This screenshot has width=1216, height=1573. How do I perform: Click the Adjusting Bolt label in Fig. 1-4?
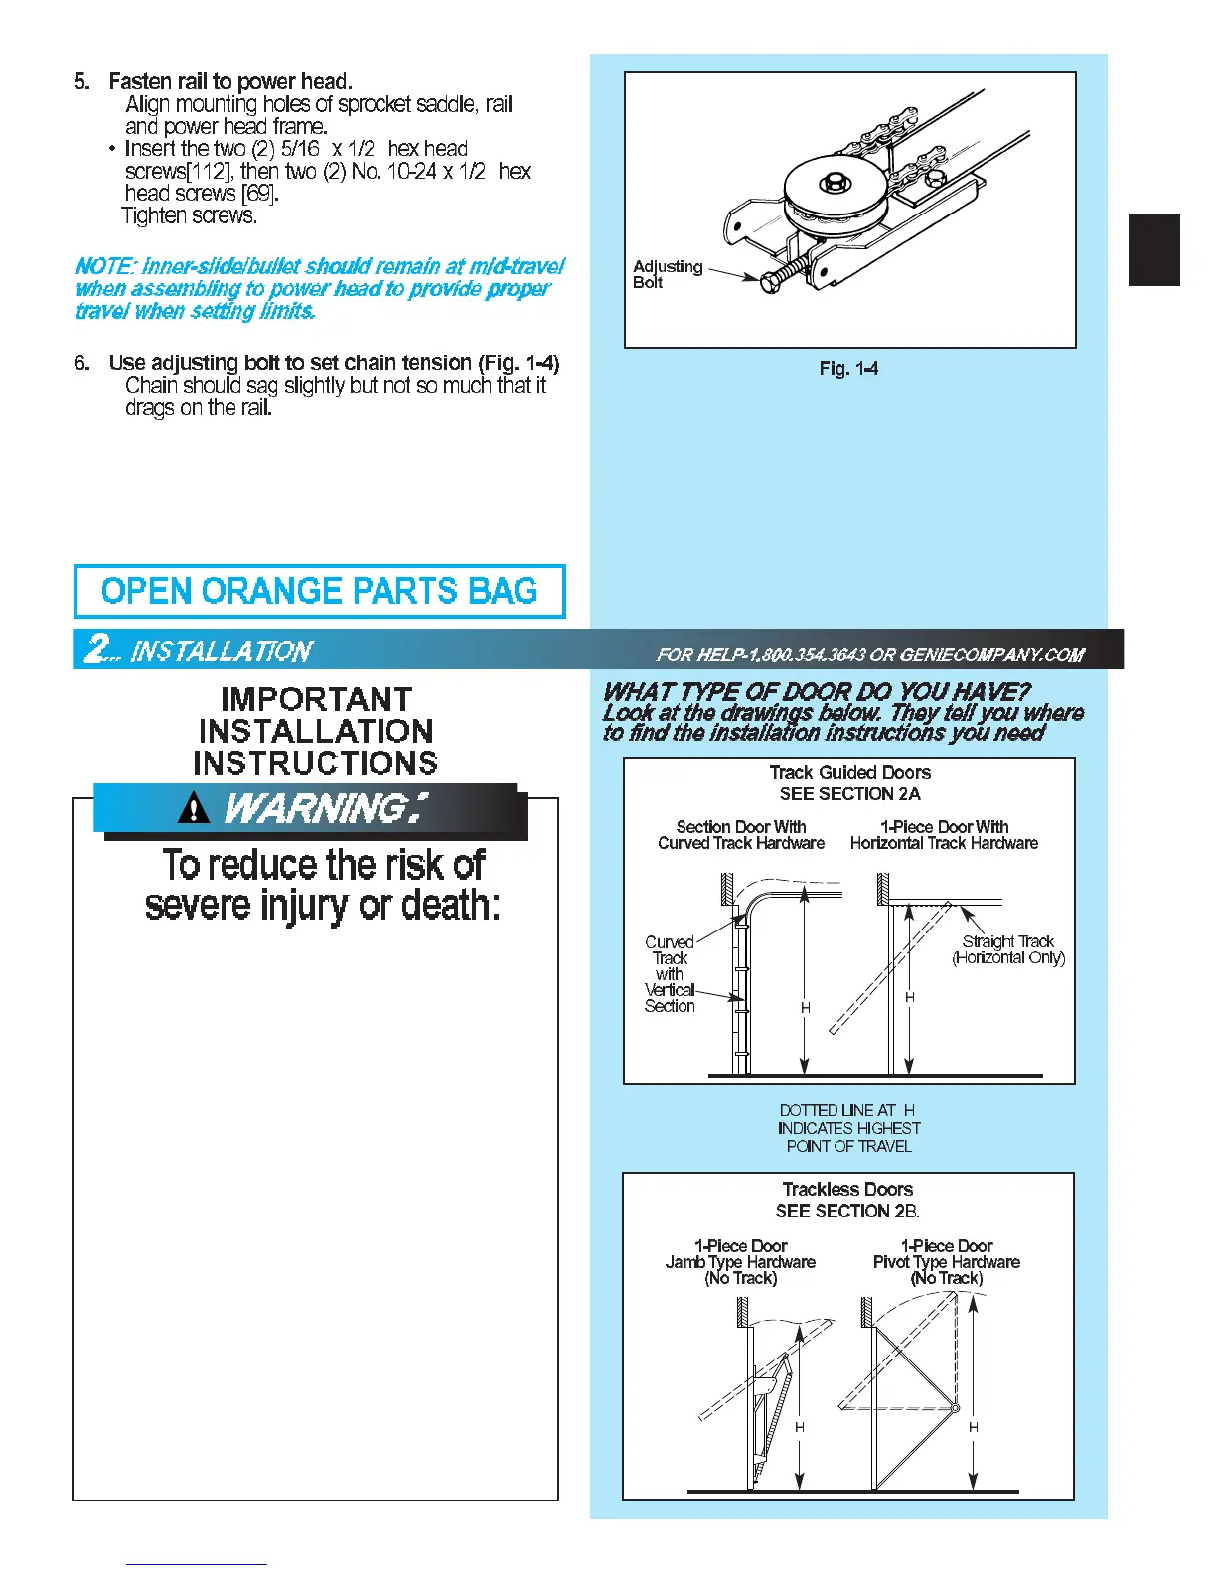tap(667, 274)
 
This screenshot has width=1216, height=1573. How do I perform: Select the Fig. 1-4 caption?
tap(848, 369)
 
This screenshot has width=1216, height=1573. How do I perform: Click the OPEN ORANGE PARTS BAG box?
tap(319, 591)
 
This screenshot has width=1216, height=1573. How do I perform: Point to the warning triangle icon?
tap(194, 810)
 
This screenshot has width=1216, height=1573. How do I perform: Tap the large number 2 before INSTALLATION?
tap(97, 649)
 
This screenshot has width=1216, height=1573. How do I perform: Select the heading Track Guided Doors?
tap(849, 772)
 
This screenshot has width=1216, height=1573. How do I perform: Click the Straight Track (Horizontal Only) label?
tap(1007, 949)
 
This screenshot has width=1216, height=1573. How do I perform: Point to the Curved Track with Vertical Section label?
tap(670, 973)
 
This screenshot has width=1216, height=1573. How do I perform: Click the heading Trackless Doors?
tap(847, 1189)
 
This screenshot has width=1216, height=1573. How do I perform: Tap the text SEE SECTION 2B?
tap(847, 1211)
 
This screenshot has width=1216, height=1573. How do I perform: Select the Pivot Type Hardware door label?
tap(946, 1262)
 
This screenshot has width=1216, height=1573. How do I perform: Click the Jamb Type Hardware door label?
tap(740, 1262)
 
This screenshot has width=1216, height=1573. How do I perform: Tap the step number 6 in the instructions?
tap(80, 363)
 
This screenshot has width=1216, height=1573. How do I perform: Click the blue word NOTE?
tap(103, 266)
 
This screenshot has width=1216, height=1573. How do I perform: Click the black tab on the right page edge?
tap(1153, 250)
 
